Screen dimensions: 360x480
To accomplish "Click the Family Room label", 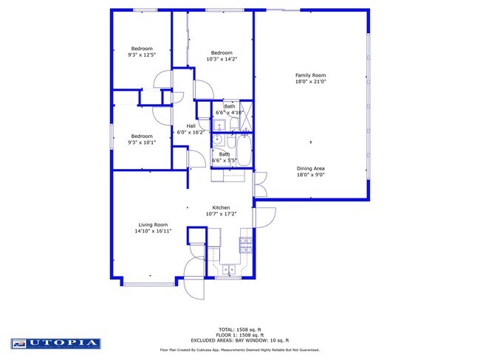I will pos(310,75).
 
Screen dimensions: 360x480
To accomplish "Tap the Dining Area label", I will pos(310,168).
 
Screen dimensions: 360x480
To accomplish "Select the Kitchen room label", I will pos(222,208).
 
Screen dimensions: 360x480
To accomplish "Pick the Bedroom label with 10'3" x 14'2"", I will pos(222,52).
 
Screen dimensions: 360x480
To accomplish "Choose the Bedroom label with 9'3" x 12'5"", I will pos(142,49).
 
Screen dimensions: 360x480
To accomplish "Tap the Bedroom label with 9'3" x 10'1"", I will pos(142,136).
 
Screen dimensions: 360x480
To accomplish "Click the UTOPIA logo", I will pos(56,343).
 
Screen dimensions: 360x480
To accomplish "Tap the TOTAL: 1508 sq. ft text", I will pos(239,328).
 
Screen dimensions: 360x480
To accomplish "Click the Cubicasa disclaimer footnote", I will pos(239,350).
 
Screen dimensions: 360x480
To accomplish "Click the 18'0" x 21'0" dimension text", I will pos(310,81).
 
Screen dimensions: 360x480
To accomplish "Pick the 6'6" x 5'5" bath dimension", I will pos(224,160).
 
